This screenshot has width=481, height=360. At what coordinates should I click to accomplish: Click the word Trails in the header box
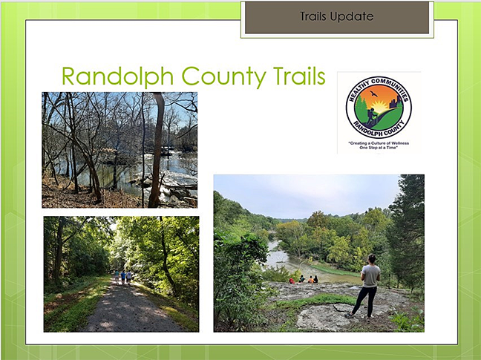[x=313, y=16]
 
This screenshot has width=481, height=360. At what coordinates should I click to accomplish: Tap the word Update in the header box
[x=352, y=16]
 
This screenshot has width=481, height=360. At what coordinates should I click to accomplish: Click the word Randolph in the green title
[x=118, y=77]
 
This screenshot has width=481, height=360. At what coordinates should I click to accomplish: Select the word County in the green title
[x=223, y=77]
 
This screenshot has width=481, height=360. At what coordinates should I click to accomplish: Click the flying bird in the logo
[x=373, y=94]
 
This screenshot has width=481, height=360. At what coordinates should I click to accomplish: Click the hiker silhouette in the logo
[x=371, y=117]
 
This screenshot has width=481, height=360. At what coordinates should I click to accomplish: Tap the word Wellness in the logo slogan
[x=399, y=143]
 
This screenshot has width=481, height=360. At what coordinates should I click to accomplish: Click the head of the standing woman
[x=372, y=259]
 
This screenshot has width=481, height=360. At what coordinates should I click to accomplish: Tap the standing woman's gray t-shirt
[x=370, y=275]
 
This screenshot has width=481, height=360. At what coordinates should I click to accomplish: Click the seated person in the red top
[x=292, y=281]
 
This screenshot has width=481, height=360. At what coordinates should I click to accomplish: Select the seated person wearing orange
[x=310, y=279]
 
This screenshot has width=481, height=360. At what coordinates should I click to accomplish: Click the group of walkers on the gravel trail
[x=122, y=277]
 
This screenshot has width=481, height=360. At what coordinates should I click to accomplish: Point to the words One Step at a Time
[x=379, y=148]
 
